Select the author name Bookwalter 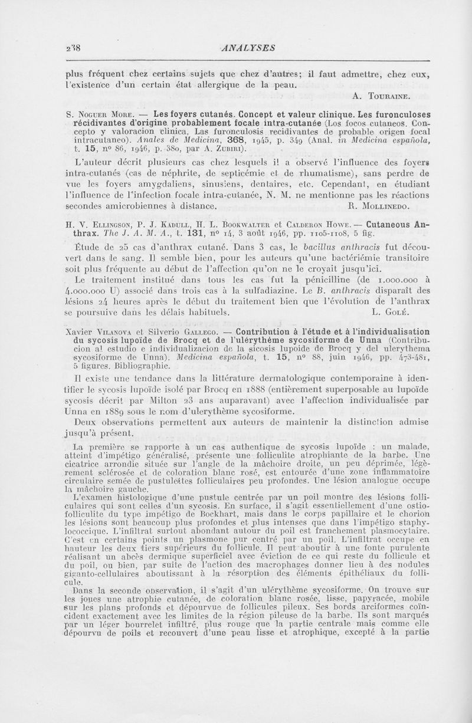(227, 224)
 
